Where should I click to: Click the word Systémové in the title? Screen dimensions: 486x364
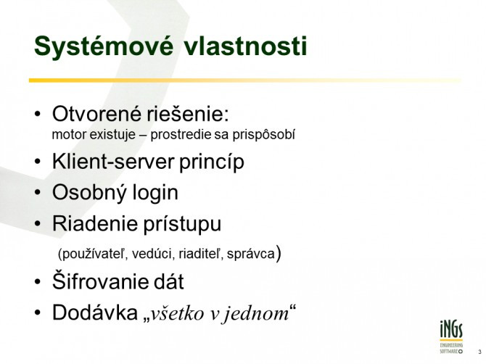(x=104, y=47)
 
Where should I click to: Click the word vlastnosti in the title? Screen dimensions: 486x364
(x=245, y=46)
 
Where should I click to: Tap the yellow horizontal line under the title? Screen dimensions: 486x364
(x=245, y=80)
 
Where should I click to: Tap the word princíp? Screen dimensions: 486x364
(x=212, y=162)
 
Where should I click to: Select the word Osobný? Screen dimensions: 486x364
(x=89, y=193)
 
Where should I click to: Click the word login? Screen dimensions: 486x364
(x=155, y=193)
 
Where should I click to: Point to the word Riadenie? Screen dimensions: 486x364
(x=94, y=223)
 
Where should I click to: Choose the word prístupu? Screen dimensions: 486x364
(x=182, y=224)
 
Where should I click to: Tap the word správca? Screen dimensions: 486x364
(x=251, y=255)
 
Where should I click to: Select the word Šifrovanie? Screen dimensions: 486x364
(x=97, y=281)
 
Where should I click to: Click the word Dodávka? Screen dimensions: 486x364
(x=95, y=313)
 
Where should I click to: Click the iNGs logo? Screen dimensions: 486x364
(x=451, y=337)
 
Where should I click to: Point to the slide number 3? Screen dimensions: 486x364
(x=479, y=352)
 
